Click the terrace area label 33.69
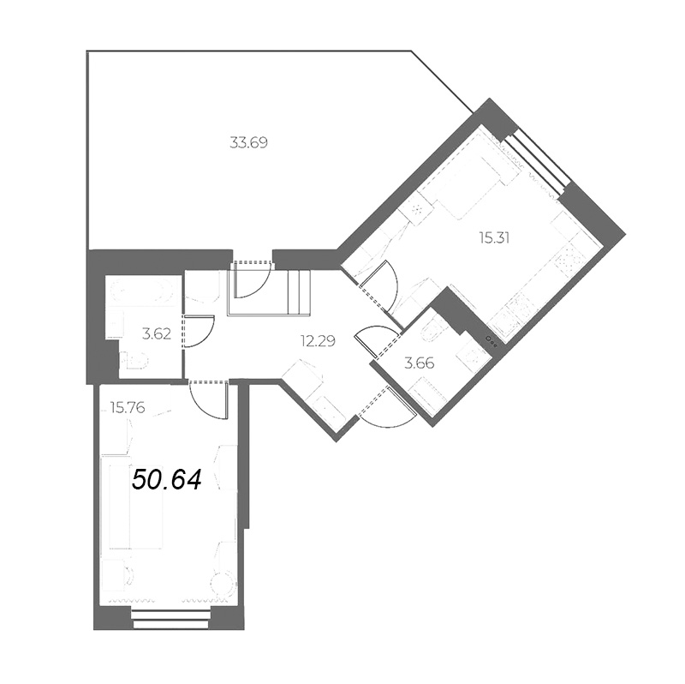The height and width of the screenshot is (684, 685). pyautogui.click(x=249, y=143)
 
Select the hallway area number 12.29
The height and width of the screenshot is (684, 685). pyautogui.click(x=317, y=340)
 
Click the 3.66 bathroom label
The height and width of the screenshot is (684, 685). pyautogui.click(x=420, y=363)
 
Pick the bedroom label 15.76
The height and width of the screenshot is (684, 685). pyautogui.click(x=127, y=408)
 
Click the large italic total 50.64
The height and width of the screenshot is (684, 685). pyautogui.click(x=166, y=479)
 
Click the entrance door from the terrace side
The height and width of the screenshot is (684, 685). pyautogui.click(x=253, y=279)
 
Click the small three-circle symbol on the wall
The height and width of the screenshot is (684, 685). pyautogui.click(x=491, y=339)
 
